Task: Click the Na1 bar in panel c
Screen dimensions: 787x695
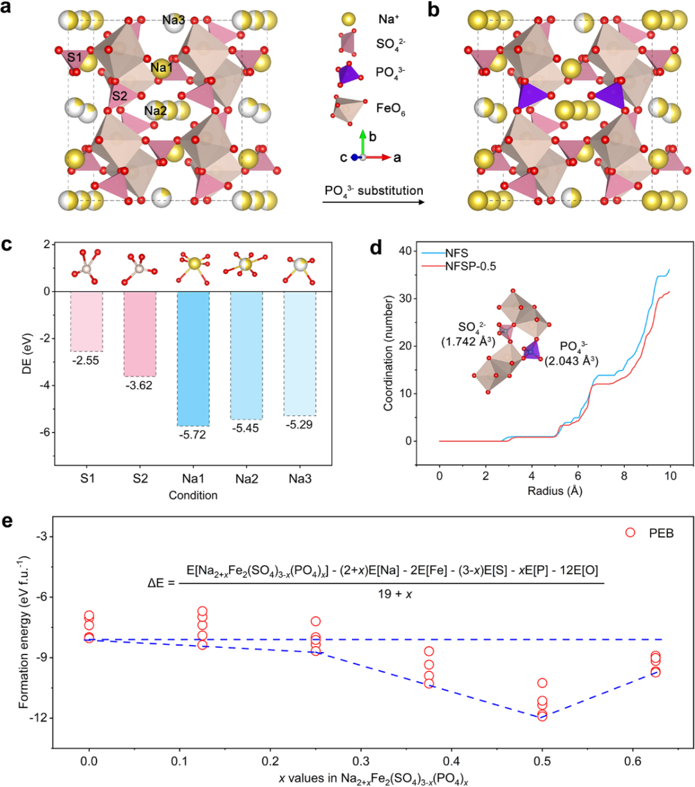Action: coord(193,358)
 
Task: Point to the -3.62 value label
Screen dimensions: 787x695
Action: coord(140,385)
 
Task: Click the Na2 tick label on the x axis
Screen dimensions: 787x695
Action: coord(246,481)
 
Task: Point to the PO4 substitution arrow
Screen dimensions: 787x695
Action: coord(373,202)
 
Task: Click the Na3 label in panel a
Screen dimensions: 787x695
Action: coord(173,20)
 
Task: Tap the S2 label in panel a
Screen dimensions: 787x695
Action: coord(119,97)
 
